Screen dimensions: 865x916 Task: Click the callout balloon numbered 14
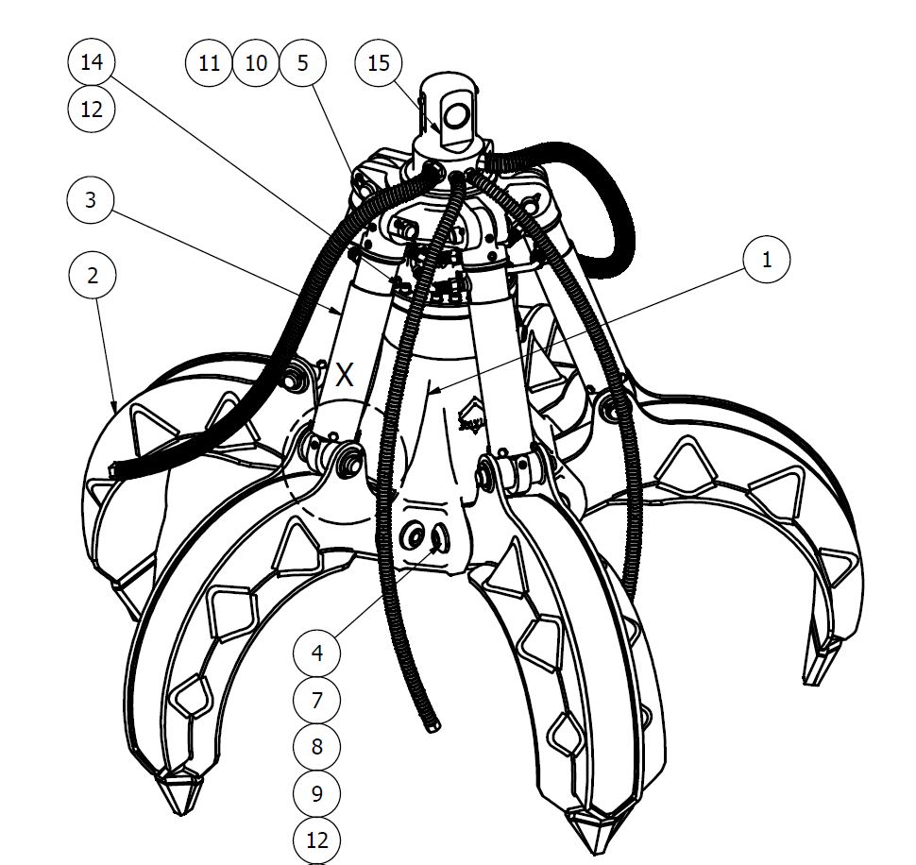(92, 63)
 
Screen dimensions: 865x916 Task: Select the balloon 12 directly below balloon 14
(92, 109)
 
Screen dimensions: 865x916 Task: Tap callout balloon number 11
(209, 63)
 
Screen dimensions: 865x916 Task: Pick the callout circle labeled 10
(255, 63)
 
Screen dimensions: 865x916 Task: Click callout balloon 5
(302, 63)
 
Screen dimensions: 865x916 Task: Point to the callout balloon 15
(378, 63)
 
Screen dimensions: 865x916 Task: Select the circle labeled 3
(92, 200)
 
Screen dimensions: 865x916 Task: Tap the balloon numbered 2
(92, 276)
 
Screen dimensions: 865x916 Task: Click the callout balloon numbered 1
(767, 259)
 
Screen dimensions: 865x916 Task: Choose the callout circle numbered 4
(317, 653)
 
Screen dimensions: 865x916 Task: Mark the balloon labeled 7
(317, 700)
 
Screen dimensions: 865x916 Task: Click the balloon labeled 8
(317, 746)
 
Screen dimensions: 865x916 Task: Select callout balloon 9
(317, 793)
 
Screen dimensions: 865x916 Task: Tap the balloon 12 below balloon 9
(317, 839)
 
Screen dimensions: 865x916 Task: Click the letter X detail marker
(346, 375)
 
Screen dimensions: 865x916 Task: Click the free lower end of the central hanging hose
(433, 725)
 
